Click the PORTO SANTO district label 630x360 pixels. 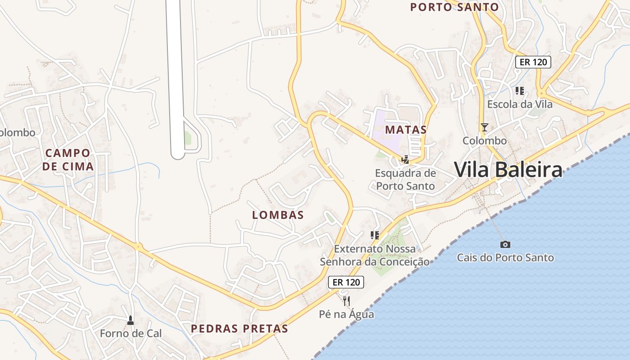(x=454, y=7)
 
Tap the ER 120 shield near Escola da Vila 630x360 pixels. (x=533, y=62)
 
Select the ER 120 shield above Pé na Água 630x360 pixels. (x=346, y=282)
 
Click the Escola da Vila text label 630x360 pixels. (x=520, y=104)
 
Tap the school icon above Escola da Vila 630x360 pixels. (x=520, y=91)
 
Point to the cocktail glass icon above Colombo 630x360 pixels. (x=484, y=127)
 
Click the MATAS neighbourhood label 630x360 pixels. (x=406, y=130)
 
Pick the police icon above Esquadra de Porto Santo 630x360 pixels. (x=405, y=159)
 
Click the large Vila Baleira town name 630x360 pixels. (x=508, y=170)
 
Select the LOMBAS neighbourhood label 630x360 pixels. (x=278, y=215)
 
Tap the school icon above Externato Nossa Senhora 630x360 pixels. (x=374, y=235)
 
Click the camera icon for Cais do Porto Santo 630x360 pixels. (x=505, y=244)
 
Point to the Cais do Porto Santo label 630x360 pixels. (x=505, y=258)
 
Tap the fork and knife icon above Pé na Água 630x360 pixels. (x=346, y=301)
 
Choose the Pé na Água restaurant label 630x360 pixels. (x=346, y=314)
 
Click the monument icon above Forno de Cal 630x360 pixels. (x=130, y=320)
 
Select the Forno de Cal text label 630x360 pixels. (x=130, y=333)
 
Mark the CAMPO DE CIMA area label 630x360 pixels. (x=68, y=160)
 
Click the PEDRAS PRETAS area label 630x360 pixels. (x=239, y=328)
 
